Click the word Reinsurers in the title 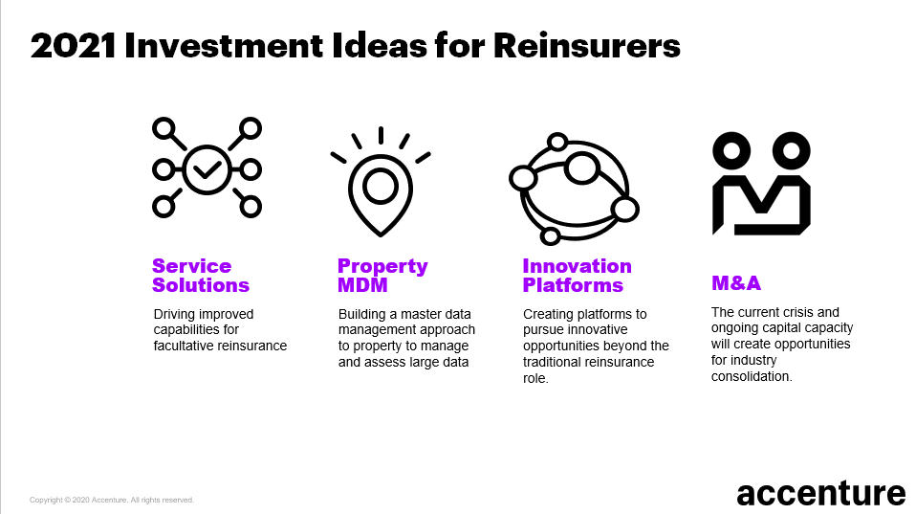[x=587, y=45]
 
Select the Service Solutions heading [x=200, y=276]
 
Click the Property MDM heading [x=382, y=276]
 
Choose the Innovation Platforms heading [x=577, y=276]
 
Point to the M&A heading [x=735, y=283]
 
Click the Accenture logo [x=820, y=493]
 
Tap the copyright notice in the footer [x=112, y=500]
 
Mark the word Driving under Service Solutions [x=176, y=314]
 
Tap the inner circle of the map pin [x=381, y=187]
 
